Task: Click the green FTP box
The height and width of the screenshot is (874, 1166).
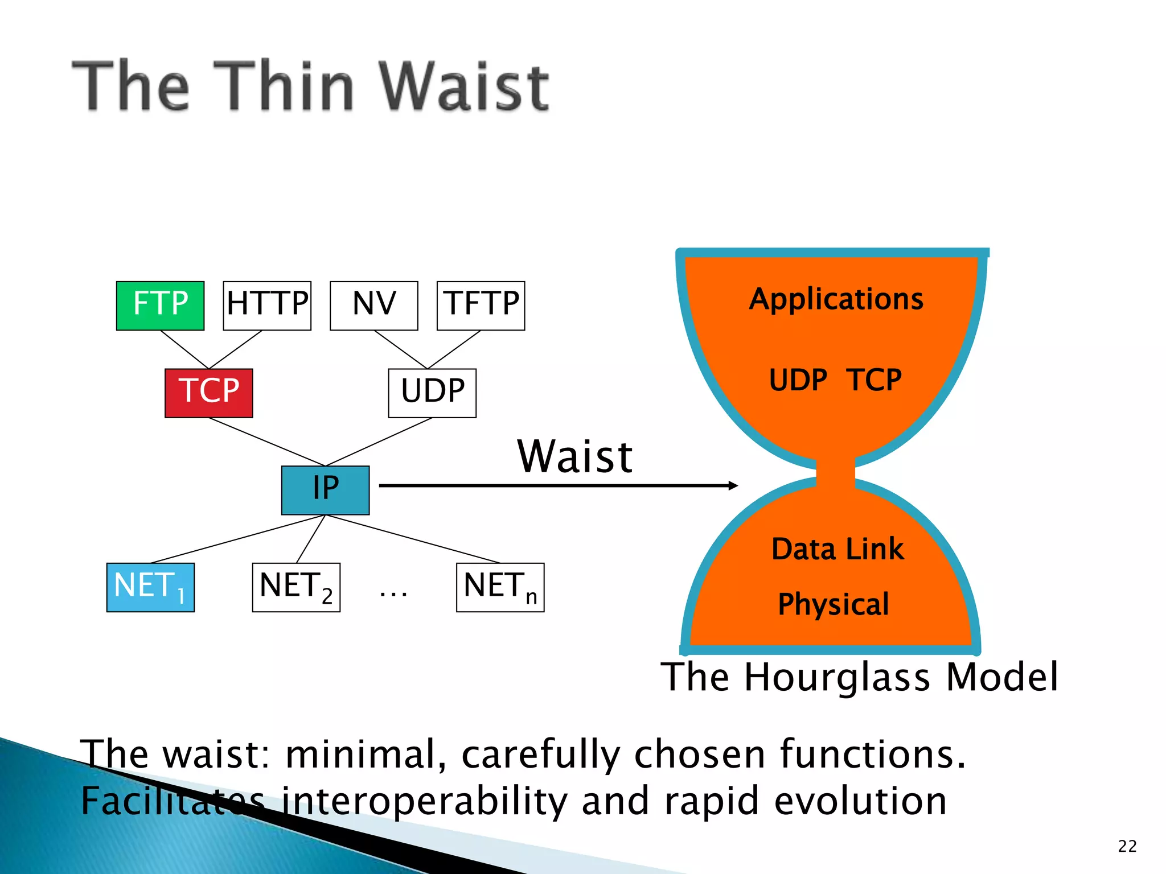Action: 160,306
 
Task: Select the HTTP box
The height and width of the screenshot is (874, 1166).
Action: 267,306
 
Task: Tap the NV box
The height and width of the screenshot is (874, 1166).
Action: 374,306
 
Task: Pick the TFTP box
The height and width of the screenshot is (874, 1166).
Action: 481,306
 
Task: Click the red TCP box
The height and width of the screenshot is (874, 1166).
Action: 209,393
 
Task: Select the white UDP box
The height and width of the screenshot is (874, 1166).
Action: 432,393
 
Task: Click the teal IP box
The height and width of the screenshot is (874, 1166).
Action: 325,490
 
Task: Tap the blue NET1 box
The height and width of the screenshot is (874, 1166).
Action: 150,587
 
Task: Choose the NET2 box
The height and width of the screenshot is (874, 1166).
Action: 296,587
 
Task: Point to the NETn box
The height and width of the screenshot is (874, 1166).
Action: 500,587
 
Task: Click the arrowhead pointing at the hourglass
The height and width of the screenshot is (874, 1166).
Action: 733,485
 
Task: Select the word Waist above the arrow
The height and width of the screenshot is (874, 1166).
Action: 574,456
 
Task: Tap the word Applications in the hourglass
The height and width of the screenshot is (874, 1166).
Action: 836,299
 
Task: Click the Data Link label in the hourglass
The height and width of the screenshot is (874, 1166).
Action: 837,549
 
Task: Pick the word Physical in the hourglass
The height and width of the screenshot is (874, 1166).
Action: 834,604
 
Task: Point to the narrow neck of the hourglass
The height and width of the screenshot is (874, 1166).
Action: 835,472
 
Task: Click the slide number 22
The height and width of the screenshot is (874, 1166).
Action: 1127,846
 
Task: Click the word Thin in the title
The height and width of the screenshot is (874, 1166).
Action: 291,86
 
